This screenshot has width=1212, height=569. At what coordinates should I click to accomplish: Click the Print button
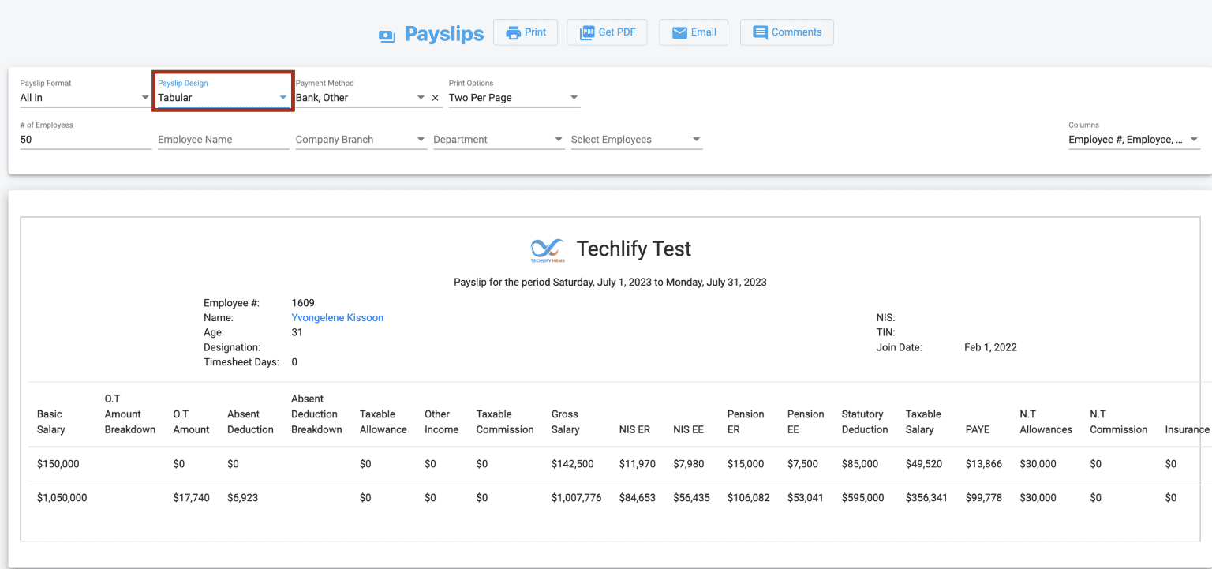point(526,32)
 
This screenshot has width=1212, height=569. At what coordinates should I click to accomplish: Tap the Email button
point(694,32)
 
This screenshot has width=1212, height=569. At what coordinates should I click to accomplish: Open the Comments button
point(787,32)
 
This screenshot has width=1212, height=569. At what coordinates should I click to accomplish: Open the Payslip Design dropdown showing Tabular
point(223,98)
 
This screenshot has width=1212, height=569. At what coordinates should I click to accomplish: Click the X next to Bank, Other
point(436,98)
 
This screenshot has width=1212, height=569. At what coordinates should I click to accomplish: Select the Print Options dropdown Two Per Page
point(514,98)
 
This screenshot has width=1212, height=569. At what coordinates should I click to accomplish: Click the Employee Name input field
point(223,140)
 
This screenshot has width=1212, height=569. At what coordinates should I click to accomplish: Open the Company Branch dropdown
point(361,140)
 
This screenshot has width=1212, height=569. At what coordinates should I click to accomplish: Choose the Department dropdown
point(498,140)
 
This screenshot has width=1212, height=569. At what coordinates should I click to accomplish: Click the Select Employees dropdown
point(636,140)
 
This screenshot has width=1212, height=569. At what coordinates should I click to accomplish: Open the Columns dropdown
point(1133,140)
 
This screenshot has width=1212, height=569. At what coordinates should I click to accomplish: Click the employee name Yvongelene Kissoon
point(338,318)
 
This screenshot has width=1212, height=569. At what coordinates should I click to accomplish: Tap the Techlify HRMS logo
point(548,250)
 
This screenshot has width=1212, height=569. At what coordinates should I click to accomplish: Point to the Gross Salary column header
point(565,421)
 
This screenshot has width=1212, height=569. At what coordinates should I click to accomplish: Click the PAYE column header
point(978,429)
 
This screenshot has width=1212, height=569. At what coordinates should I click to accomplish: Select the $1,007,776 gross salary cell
point(576,498)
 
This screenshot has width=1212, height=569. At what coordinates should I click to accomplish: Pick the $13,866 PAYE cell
point(983,464)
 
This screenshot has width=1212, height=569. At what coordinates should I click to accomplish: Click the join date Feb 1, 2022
point(990,347)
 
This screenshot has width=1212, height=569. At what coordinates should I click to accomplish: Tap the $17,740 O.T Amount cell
point(191,498)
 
